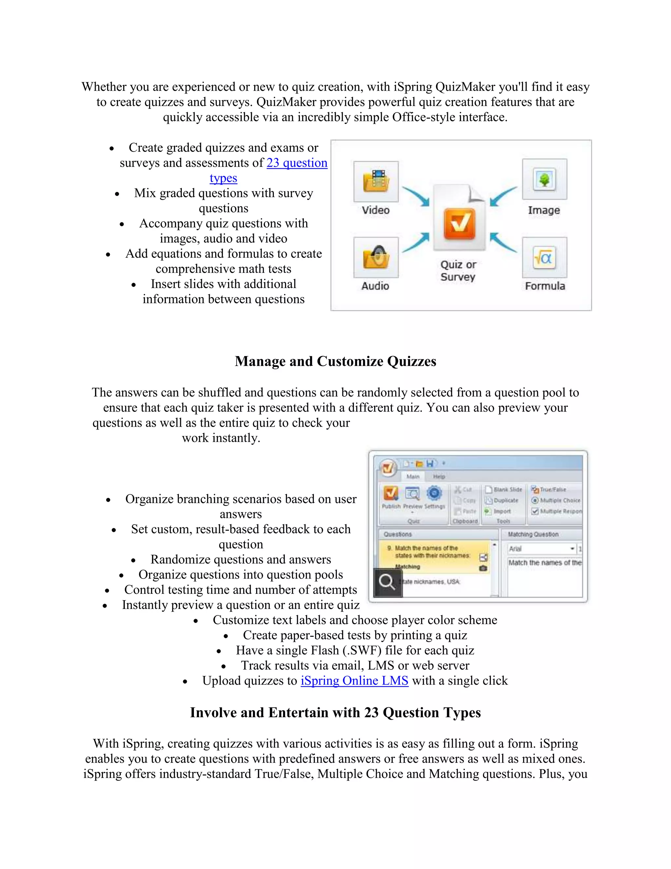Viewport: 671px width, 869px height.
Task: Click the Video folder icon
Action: [x=376, y=181]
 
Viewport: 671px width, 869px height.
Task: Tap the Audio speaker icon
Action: [x=376, y=257]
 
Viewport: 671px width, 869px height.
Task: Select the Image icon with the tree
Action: [x=544, y=179]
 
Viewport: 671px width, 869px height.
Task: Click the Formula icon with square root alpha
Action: [x=544, y=258]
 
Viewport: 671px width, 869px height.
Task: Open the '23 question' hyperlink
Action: [x=297, y=163]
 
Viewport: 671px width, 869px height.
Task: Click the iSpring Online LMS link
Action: [x=354, y=680]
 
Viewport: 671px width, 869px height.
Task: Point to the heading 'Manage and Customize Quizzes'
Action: [x=335, y=361]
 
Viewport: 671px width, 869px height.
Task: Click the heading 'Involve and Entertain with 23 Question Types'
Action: [x=335, y=713]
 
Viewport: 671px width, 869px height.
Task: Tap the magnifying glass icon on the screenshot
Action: [x=387, y=582]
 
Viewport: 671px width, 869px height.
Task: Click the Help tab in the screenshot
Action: [x=439, y=476]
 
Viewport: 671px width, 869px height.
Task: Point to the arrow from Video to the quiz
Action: [x=416, y=196]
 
